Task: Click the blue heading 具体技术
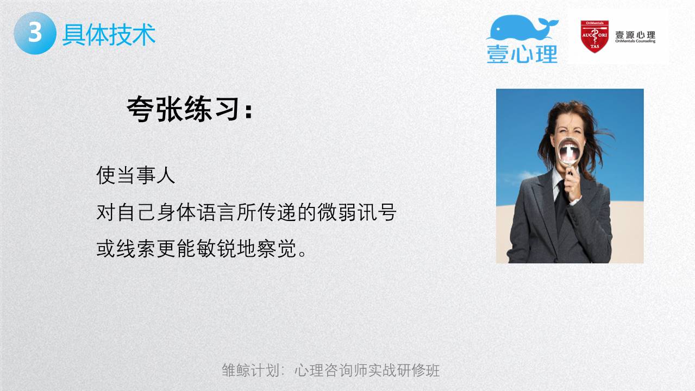(x=109, y=34)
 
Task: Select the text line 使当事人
(x=136, y=175)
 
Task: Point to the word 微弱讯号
(x=357, y=212)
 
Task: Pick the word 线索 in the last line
(x=136, y=248)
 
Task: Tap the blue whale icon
(x=522, y=27)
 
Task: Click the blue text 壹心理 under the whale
(x=522, y=54)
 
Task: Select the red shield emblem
(x=594, y=36)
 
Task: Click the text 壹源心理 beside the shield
(x=635, y=34)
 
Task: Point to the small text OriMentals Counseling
(x=635, y=41)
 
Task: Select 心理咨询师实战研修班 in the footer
(x=367, y=370)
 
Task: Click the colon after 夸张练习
(x=248, y=111)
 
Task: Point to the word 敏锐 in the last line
(x=216, y=248)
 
